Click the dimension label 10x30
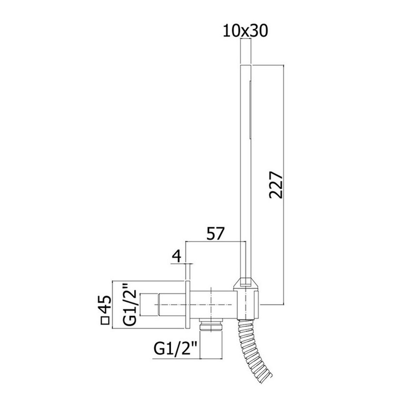tap(245, 31)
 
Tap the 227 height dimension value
tap(276, 184)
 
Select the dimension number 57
tap(215, 234)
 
